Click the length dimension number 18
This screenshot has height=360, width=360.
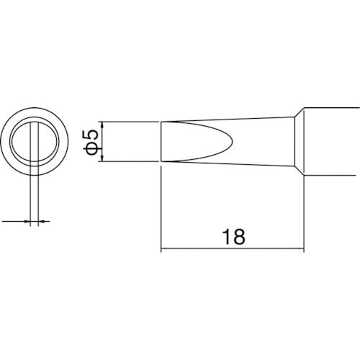point(231,235)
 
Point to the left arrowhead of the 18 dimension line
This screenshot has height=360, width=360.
point(163,250)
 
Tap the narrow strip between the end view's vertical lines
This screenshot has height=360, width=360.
point(35,144)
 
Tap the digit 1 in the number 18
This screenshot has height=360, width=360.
point(225,235)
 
